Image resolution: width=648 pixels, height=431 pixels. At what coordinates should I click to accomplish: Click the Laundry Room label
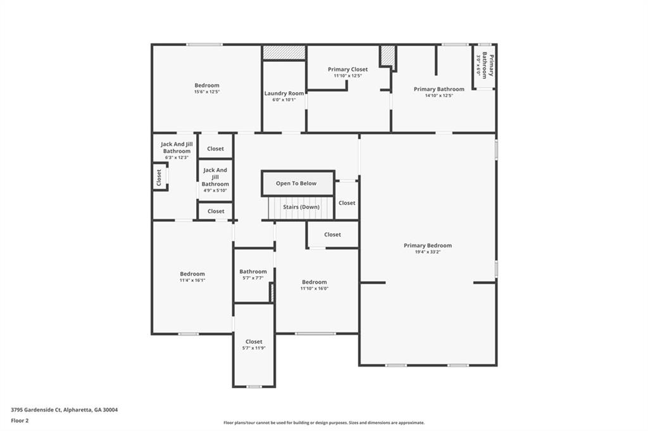pyautogui.click(x=284, y=93)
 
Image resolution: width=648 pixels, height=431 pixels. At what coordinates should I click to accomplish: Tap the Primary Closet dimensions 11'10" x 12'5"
pyautogui.click(x=347, y=76)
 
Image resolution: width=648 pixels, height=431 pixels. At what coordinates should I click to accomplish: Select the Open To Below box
pyautogui.click(x=296, y=183)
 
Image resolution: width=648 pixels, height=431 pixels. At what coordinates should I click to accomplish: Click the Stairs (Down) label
pyautogui.click(x=301, y=207)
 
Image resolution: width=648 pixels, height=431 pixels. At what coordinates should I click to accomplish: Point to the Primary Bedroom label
pyautogui.click(x=428, y=245)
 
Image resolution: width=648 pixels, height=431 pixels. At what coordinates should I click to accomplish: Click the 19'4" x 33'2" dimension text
pyautogui.click(x=428, y=252)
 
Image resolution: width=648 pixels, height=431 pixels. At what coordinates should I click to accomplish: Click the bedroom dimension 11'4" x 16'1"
pyautogui.click(x=192, y=280)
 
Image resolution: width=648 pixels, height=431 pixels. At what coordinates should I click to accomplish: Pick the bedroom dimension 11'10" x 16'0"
pyautogui.click(x=315, y=288)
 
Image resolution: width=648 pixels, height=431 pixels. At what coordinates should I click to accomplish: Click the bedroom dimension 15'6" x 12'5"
pyautogui.click(x=207, y=92)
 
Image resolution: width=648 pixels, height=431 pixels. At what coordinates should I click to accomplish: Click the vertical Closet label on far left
pyautogui.click(x=159, y=178)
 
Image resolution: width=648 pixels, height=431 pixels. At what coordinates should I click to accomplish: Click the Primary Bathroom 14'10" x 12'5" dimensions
pyautogui.click(x=439, y=95)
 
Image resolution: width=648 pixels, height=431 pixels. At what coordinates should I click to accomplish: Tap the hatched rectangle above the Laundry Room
pyautogui.click(x=284, y=52)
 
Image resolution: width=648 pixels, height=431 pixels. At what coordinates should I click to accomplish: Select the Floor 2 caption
pyautogui.click(x=20, y=420)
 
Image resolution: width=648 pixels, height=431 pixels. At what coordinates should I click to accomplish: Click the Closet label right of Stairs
pyautogui.click(x=347, y=203)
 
